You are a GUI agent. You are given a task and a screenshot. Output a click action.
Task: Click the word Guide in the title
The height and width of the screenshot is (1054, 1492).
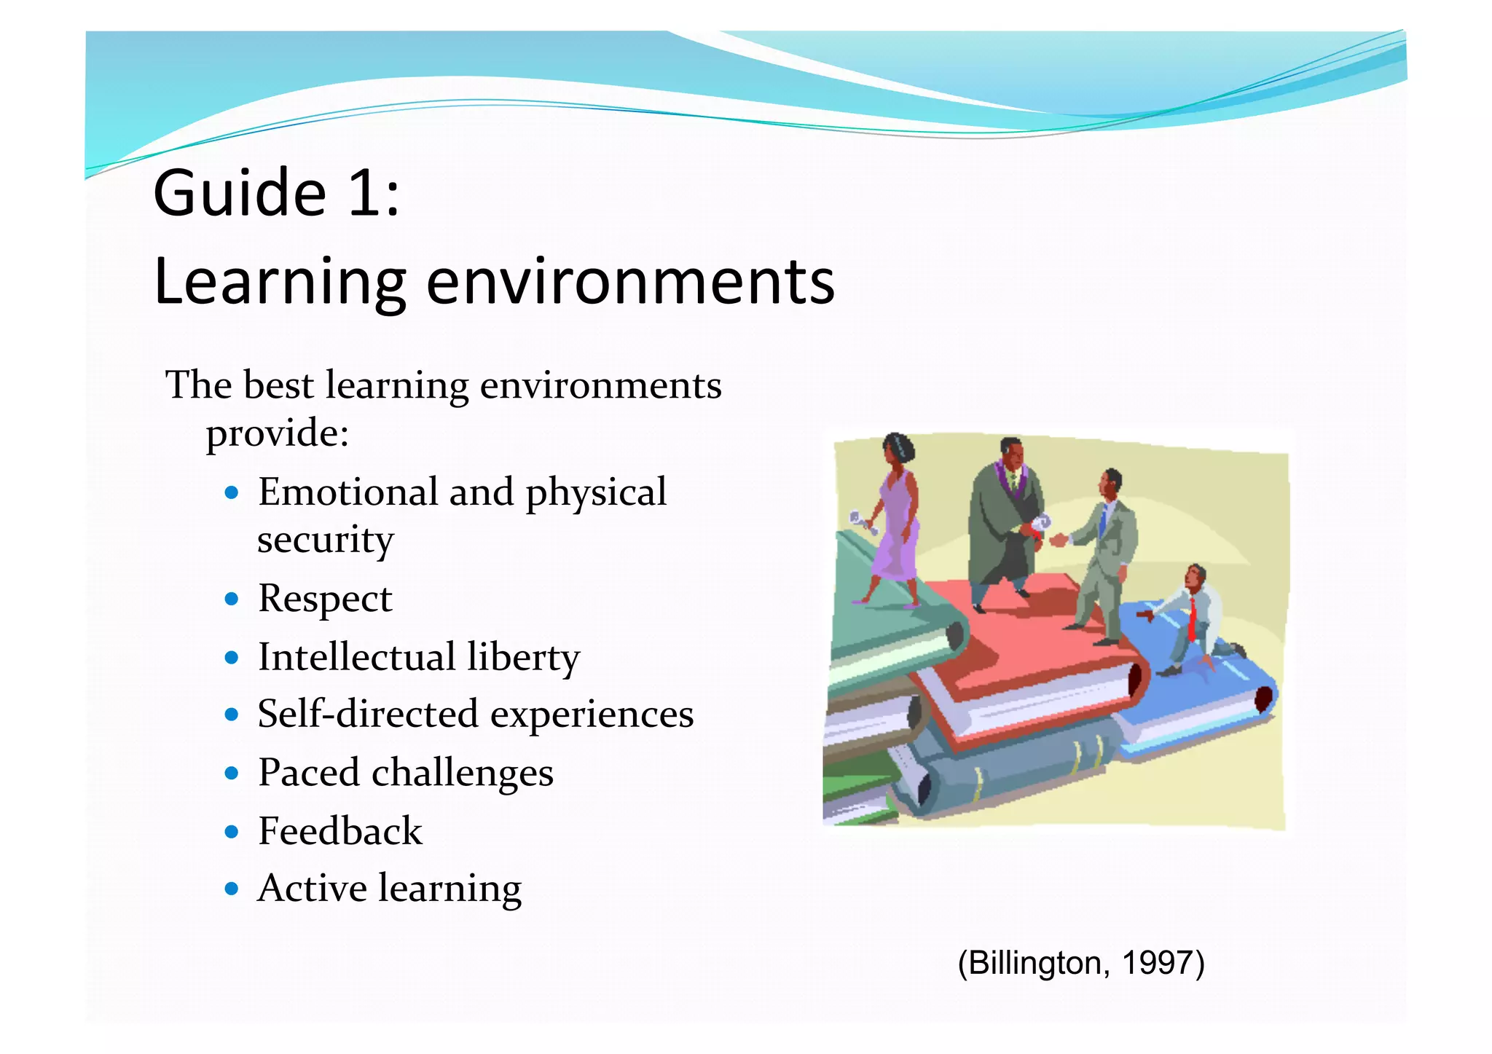[x=239, y=193]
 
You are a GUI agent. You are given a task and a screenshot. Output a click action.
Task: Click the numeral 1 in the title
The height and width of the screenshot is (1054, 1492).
[x=364, y=193]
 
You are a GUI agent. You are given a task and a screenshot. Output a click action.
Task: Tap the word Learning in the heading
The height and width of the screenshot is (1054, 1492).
[x=279, y=282]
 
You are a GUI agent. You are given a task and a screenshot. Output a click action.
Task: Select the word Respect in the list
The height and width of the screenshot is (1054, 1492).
[x=325, y=599]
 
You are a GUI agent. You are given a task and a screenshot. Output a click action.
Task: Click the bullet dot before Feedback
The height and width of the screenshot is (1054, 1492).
[x=232, y=831]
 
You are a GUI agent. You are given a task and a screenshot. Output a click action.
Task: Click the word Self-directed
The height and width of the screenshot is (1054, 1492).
[x=367, y=714]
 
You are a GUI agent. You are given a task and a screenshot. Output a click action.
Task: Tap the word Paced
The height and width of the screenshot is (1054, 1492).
[x=308, y=772]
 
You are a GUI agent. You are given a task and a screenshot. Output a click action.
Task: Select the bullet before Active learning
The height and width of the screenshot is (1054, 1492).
[x=232, y=889]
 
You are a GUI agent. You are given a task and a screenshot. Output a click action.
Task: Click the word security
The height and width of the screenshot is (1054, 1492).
[x=325, y=540]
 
